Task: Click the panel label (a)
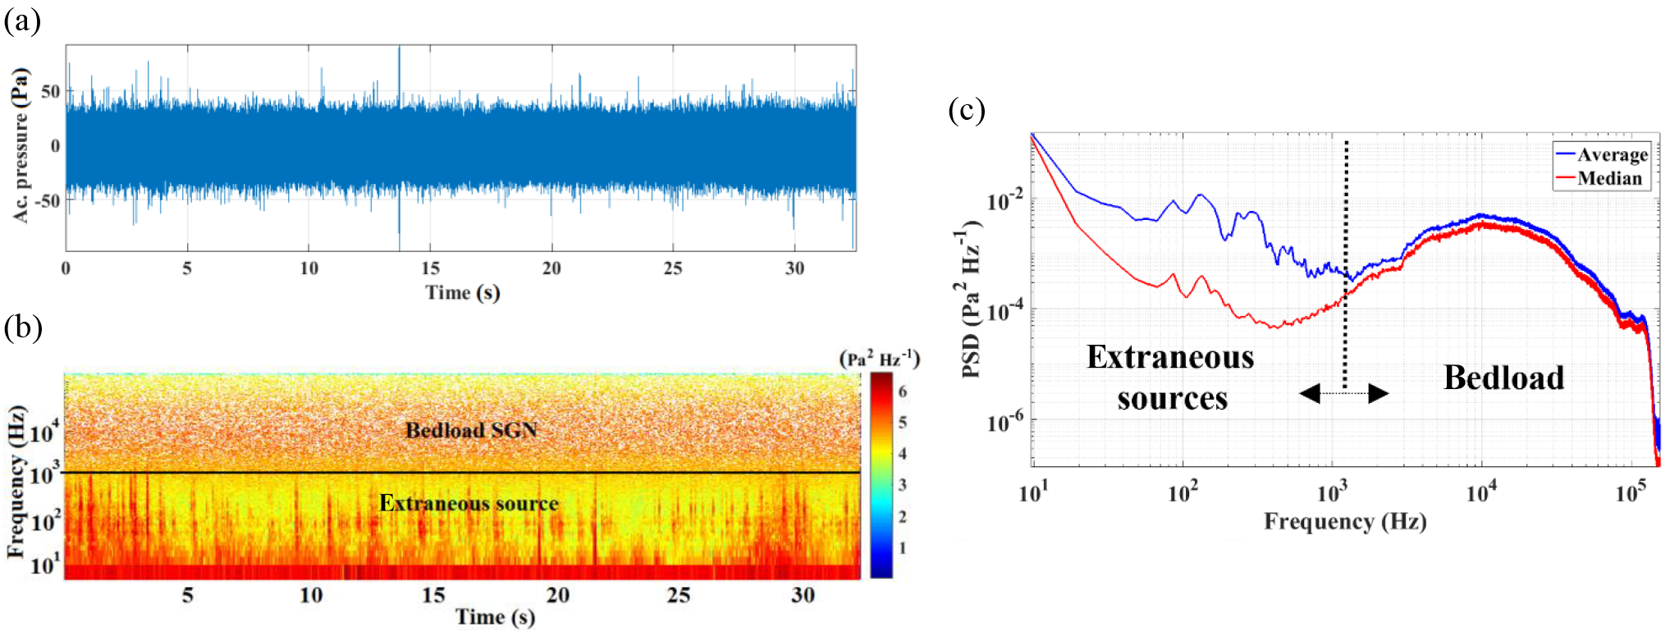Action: (x=22, y=21)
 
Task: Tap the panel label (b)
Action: (x=22, y=327)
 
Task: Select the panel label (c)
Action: (x=966, y=110)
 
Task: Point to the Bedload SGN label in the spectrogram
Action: (x=471, y=430)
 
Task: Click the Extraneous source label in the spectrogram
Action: (x=469, y=503)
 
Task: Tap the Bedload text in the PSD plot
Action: (x=1503, y=378)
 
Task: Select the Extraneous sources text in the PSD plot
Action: (x=1171, y=378)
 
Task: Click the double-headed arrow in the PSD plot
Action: (x=1344, y=393)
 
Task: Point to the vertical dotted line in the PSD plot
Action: (x=1346, y=263)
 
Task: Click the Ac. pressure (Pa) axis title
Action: (x=21, y=145)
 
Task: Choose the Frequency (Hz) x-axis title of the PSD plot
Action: (x=1344, y=521)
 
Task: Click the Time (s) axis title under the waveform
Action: (x=462, y=292)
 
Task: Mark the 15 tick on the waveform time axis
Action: (x=430, y=268)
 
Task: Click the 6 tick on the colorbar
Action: (x=902, y=392)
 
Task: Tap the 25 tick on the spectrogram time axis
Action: (x=679, y=595)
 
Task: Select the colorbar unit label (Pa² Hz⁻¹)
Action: (x=879, y=360)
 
